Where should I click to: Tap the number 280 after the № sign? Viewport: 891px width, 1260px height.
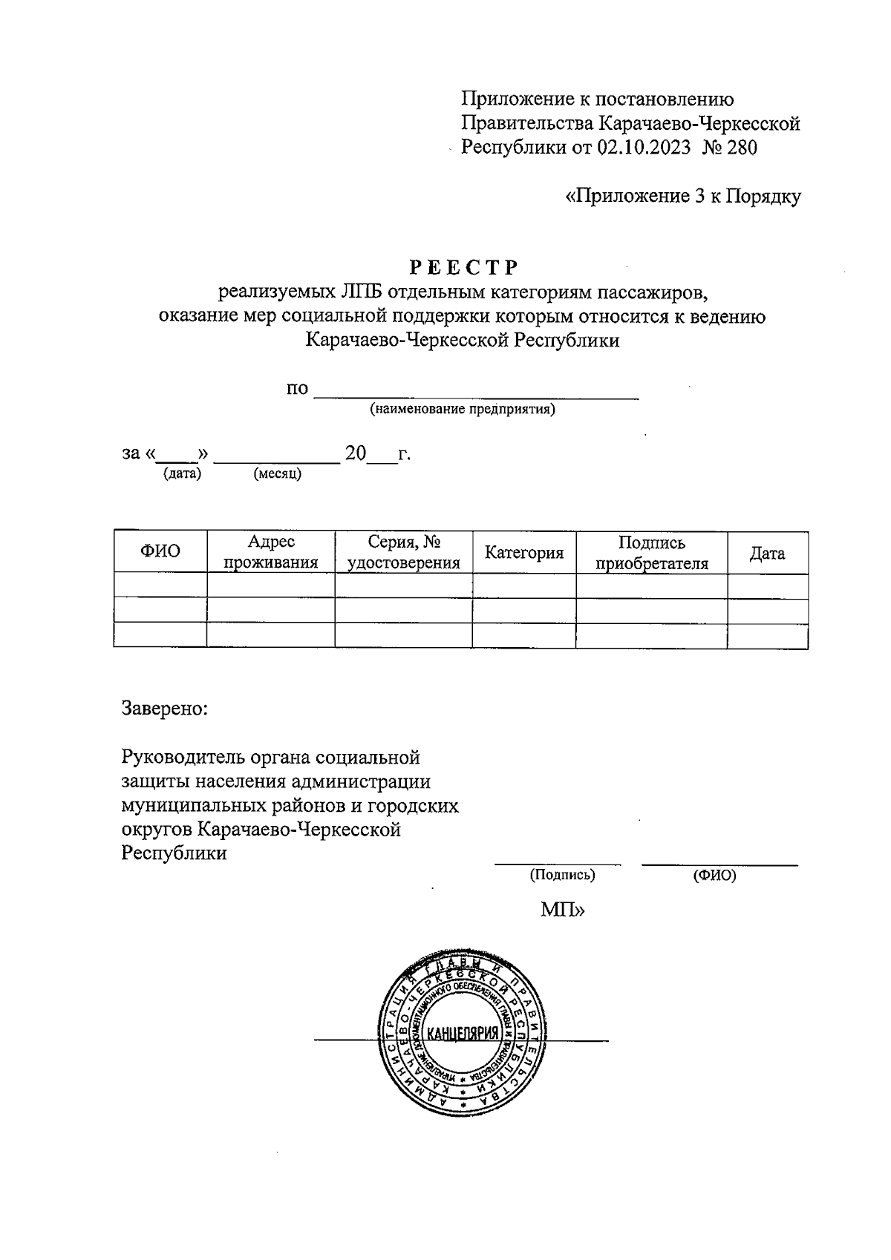[x=742, y=148]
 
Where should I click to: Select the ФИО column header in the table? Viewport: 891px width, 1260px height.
[x=160, y=551]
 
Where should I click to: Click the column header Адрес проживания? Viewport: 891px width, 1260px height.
[x=271, y=552]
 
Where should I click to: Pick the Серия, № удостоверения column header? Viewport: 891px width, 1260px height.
[x=404, y=552]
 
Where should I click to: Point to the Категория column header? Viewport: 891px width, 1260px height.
[x=524, y=553]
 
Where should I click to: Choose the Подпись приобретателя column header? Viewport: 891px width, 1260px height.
[x=652, y=553]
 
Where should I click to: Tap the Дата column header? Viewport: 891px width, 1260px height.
[x=767, y=553]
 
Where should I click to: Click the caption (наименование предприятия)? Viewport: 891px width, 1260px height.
[x=463, y=409]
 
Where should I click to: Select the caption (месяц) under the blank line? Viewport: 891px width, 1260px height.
[x=278, y=473]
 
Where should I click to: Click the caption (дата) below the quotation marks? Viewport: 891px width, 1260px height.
[x=182, y=473]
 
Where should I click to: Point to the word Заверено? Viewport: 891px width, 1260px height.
[x=165, y=708]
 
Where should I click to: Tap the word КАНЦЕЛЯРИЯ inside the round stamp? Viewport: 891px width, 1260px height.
[x=461, y=1034]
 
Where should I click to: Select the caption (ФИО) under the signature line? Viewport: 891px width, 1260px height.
[x=714, y=875]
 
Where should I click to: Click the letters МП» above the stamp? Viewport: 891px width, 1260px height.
[x=562, y=910]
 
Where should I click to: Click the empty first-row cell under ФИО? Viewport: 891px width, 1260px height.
[x=160, y=585]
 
